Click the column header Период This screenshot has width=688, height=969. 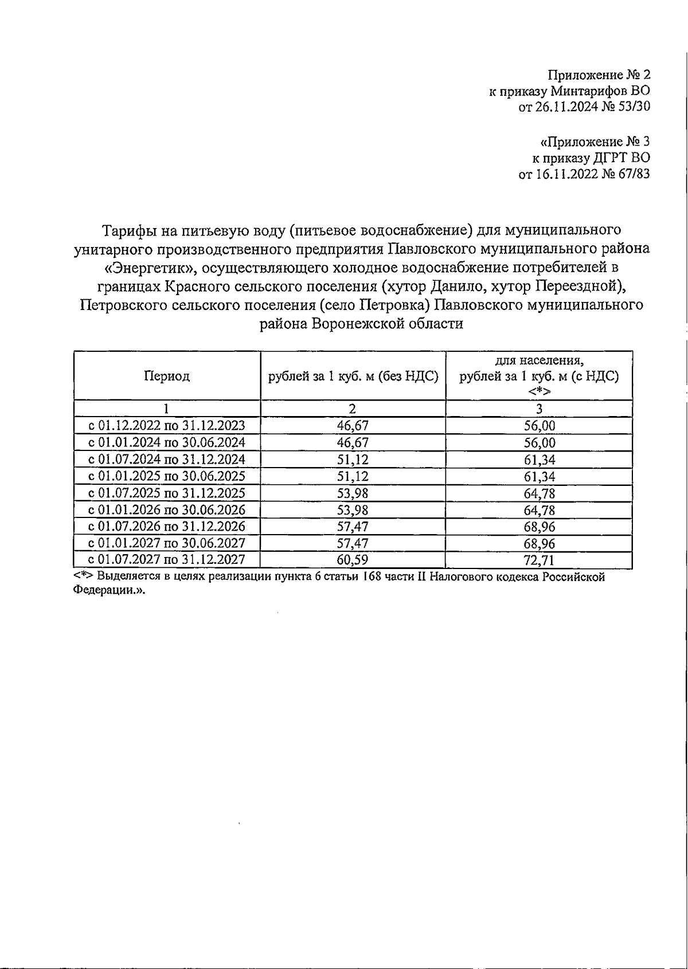coord(167,376)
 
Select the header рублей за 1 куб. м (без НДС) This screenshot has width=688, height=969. coord(353,376)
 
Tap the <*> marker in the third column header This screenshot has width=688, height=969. coord(539,391)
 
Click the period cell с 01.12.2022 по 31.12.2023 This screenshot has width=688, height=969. coord(167,426)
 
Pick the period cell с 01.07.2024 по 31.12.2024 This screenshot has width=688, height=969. coord(167,460)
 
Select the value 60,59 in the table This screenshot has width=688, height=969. coord(353,560)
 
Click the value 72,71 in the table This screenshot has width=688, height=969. coord(539,560)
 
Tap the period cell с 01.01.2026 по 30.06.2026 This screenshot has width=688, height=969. coord(167,510)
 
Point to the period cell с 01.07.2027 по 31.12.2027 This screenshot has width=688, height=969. coord(167,560)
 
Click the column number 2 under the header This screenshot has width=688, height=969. coord(353,409)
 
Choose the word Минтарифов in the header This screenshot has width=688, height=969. coord(589,91)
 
